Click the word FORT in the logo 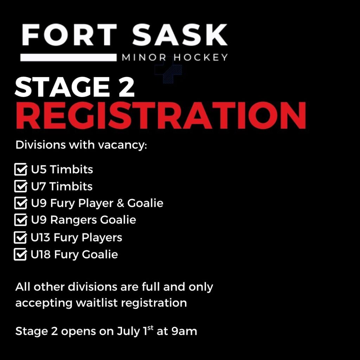(x=69, y=35)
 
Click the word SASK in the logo (x=180, y=35)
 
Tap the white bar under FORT (x=69, y=57)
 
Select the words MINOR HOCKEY (x=175, y=57)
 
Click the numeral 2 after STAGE (x=126, y=87)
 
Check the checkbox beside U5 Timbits (x=21, y=169)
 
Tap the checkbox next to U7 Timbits (x=21, y=186)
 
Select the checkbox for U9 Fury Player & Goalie (x=21, y=203)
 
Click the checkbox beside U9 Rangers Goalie (x=21, y=220)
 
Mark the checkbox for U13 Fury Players (x=20, y=237)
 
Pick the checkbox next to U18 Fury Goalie (x=20, y=254)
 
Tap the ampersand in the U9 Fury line (x=120, y=203)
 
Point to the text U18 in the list (x=40, y=255)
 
